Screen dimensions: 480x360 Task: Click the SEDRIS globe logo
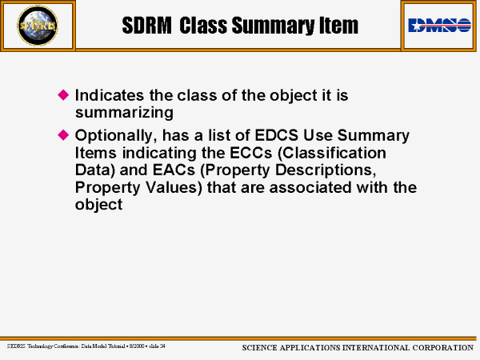[38, 26]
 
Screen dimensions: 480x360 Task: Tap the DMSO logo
[439, 25]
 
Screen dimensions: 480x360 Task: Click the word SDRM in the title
[146, 26]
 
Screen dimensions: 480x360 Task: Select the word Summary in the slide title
[273, 26]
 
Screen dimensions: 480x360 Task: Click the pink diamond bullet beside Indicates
[63, 94]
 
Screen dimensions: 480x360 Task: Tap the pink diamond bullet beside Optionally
[63, 134]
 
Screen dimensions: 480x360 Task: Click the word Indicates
[110, 95]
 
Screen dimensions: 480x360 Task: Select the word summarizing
[124, 113]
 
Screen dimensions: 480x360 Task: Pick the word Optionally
[116, 136]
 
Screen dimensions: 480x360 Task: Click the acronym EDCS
[276, 135]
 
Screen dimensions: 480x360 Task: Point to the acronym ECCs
[250, 153]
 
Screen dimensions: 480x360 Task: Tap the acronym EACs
[174, 170]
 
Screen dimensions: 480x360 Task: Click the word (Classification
[332, 153]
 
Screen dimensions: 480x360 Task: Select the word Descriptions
[326, 170]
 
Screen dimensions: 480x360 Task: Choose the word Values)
[174, 188]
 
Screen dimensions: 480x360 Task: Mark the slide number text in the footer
[157, 346]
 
